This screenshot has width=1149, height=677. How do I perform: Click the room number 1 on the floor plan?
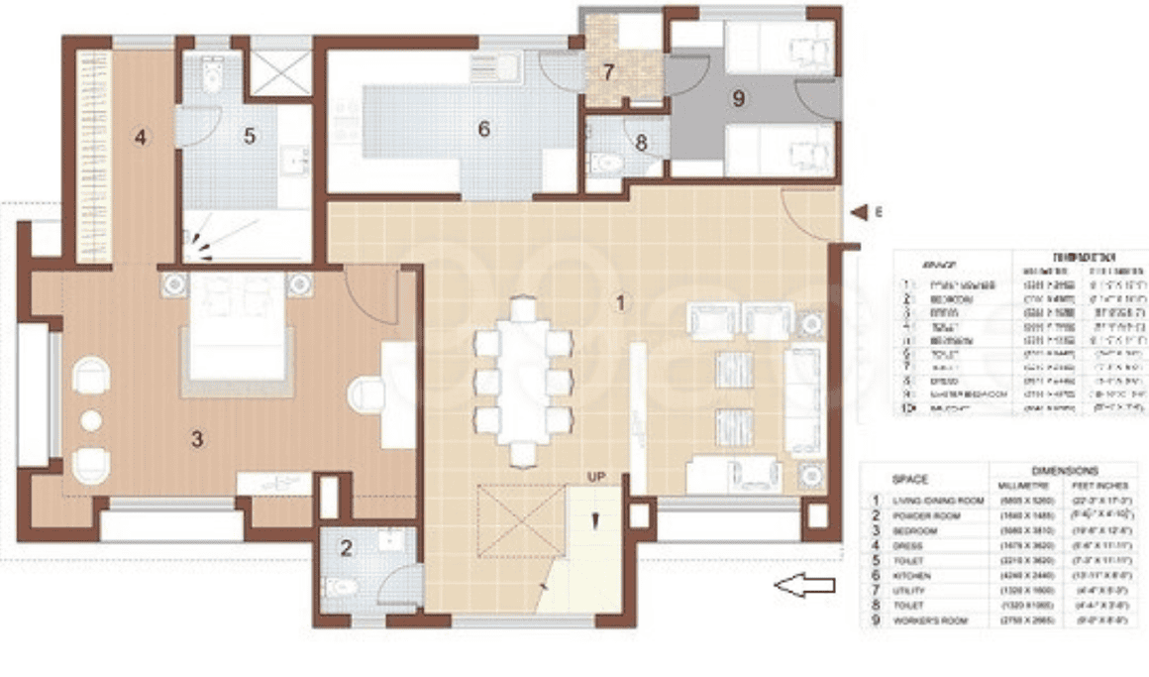[x=621, y=303]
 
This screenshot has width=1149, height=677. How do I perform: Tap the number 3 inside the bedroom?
[x=197, y=439]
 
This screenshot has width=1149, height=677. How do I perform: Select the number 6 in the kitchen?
[x=483, y=129]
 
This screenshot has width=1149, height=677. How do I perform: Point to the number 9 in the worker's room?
[x=738, y=98]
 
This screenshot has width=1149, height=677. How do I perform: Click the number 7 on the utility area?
[x=609, y=72]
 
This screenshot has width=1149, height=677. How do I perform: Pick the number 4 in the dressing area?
[x=141, y=137]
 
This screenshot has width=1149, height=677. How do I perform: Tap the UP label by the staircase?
[x=596, y=478]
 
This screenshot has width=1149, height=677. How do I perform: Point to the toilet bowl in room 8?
[x=603, y=164]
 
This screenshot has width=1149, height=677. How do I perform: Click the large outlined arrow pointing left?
[x=805, y=586]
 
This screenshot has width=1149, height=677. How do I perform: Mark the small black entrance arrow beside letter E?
[x=857, y=212]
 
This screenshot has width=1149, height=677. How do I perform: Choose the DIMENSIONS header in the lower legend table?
[x=1065, y=470]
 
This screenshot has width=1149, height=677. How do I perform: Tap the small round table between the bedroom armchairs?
[x=91, y=420]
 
